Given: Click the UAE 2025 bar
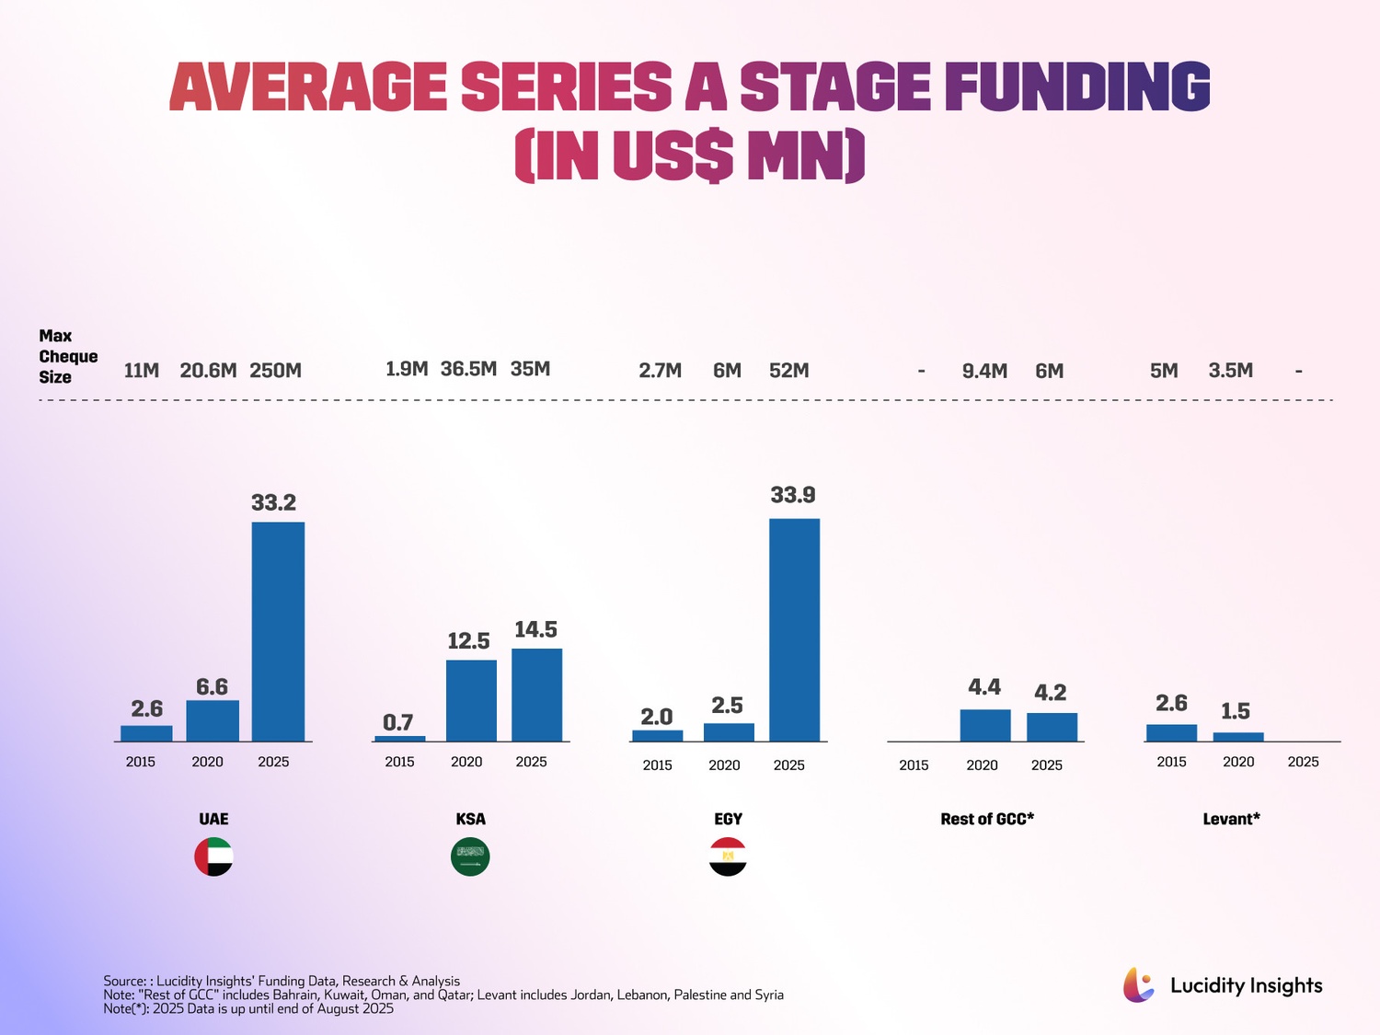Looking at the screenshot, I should (x=278, y=631).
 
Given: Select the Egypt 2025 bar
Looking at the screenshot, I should (x=794, y=629).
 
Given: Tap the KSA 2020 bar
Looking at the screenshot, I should (x=471, y=700).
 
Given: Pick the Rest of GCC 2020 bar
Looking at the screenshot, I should (x=984, y=725).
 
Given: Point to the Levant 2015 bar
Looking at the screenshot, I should (x=1171, y=732).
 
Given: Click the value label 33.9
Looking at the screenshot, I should (x=793, y=495).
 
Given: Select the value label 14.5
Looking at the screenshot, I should (x=535, y=629).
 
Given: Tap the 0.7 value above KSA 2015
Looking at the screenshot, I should (x=398, y=722).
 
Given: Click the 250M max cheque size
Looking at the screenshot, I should (x=275, y=371).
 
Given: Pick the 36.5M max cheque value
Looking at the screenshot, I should (x=468, y=369).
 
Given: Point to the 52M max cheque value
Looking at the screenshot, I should (x=789, y=371).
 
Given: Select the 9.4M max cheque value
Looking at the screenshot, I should (x=984, y=371).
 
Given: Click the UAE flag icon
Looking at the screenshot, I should (x=213, y=857).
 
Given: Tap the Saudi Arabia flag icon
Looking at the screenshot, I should (x=470, y=857).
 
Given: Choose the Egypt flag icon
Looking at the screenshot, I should (x=728, y=857).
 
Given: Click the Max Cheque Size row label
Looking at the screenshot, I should (x=67, y=356).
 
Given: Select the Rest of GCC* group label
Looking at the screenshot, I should (x=987, y=819).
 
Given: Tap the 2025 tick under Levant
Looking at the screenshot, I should (x=1303, y=762).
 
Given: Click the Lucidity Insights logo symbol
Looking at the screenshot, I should (x=1138, y=985).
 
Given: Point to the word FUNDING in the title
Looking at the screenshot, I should (x=1076, y=87).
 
